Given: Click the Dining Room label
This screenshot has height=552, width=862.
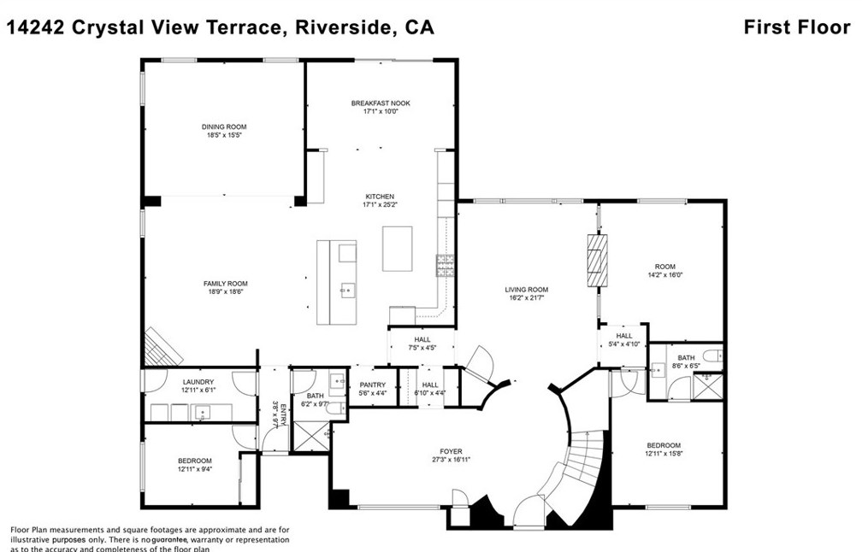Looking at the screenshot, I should click(224, 126).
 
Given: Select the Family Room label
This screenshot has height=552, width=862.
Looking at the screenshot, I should click(225, 284).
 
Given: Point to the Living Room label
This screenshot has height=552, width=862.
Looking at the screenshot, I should click(526, 290).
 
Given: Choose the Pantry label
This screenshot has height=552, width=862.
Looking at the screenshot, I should click(373, 385).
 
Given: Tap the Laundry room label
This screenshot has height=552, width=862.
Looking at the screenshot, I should click(198, 382).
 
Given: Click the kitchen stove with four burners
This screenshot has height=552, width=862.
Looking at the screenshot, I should click(446, 267).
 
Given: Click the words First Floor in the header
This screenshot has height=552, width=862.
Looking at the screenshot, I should click(797, 27).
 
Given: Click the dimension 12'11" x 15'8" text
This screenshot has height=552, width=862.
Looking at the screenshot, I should click(664, 454).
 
